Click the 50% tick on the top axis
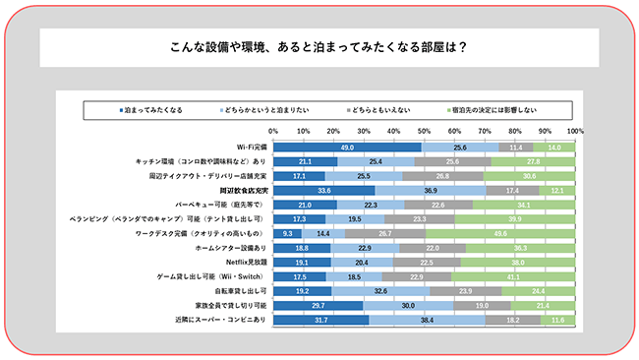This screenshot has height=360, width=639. [425, 130]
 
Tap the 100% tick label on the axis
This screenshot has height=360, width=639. [575, 130]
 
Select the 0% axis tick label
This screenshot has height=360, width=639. [273, 130]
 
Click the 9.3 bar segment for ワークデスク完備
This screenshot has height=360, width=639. [287, 234]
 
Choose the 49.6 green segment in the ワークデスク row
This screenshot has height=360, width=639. [500, 234]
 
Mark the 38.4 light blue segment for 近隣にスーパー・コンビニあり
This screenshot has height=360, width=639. [427, 321]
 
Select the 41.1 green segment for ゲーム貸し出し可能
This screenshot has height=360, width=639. [514, 277]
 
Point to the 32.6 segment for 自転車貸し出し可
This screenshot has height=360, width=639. [380, 292]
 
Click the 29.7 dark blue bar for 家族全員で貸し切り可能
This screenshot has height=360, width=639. [318, 307]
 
